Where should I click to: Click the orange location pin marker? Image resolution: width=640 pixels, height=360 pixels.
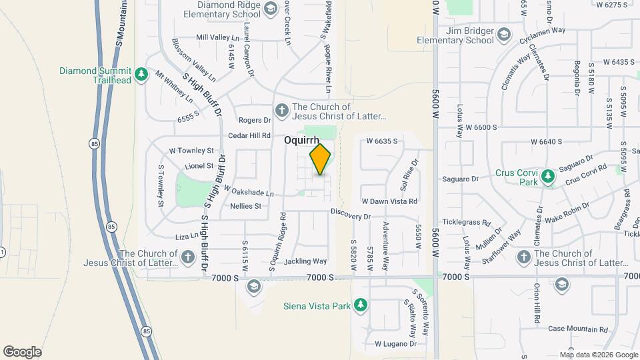[x=321, y=159]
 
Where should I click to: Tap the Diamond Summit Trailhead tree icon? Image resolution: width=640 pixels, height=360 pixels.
[x=141, y=74]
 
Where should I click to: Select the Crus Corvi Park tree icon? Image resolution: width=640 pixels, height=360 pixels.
[x=548, y=176]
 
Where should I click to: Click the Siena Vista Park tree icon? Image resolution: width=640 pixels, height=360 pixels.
[x=361, y=305]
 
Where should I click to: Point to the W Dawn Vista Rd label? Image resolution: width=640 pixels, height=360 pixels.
[x=389, y=201]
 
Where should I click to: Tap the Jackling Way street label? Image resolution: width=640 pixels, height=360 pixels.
[x=305, y=261]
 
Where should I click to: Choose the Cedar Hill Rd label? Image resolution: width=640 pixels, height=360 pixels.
[x=249, y=135]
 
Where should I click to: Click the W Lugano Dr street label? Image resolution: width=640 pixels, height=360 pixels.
[x=395, y=344]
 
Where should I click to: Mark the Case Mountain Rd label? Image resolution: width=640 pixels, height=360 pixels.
[x=578, y=329]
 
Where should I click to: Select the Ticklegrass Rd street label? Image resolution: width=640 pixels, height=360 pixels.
[x=467, y=223]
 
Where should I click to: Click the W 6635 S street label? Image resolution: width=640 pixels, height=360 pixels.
[x=382, y=141]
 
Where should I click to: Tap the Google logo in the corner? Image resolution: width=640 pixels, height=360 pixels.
[x=21, y=351]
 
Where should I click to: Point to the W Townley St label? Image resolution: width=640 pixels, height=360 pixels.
[x=191, y=151]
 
